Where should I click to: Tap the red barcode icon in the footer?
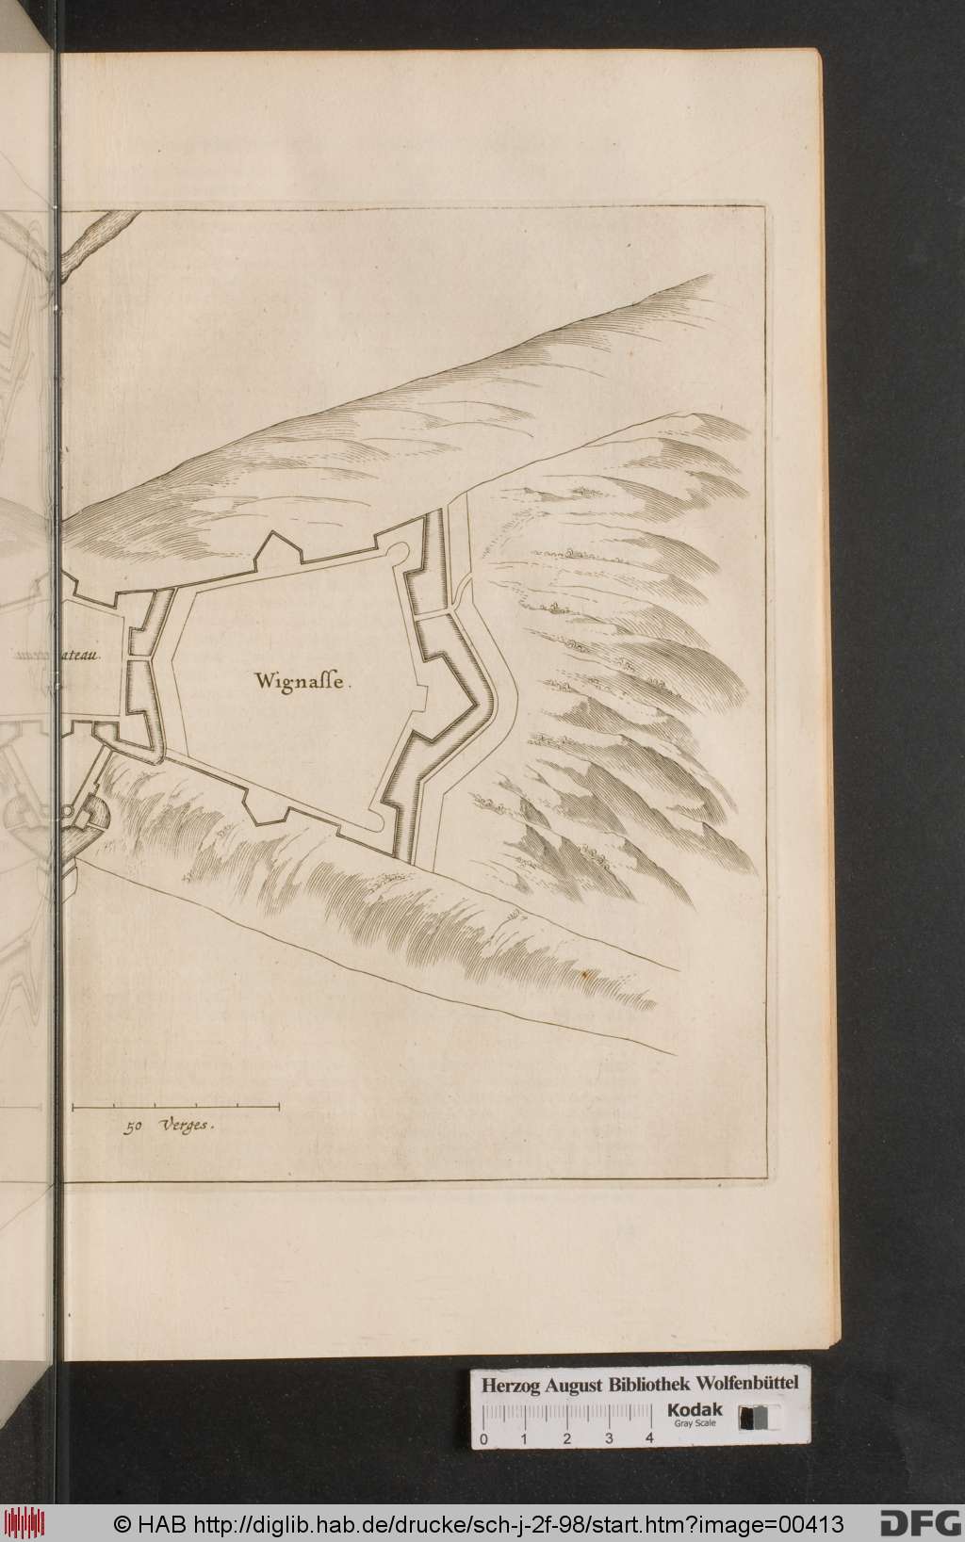point(26,1522)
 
